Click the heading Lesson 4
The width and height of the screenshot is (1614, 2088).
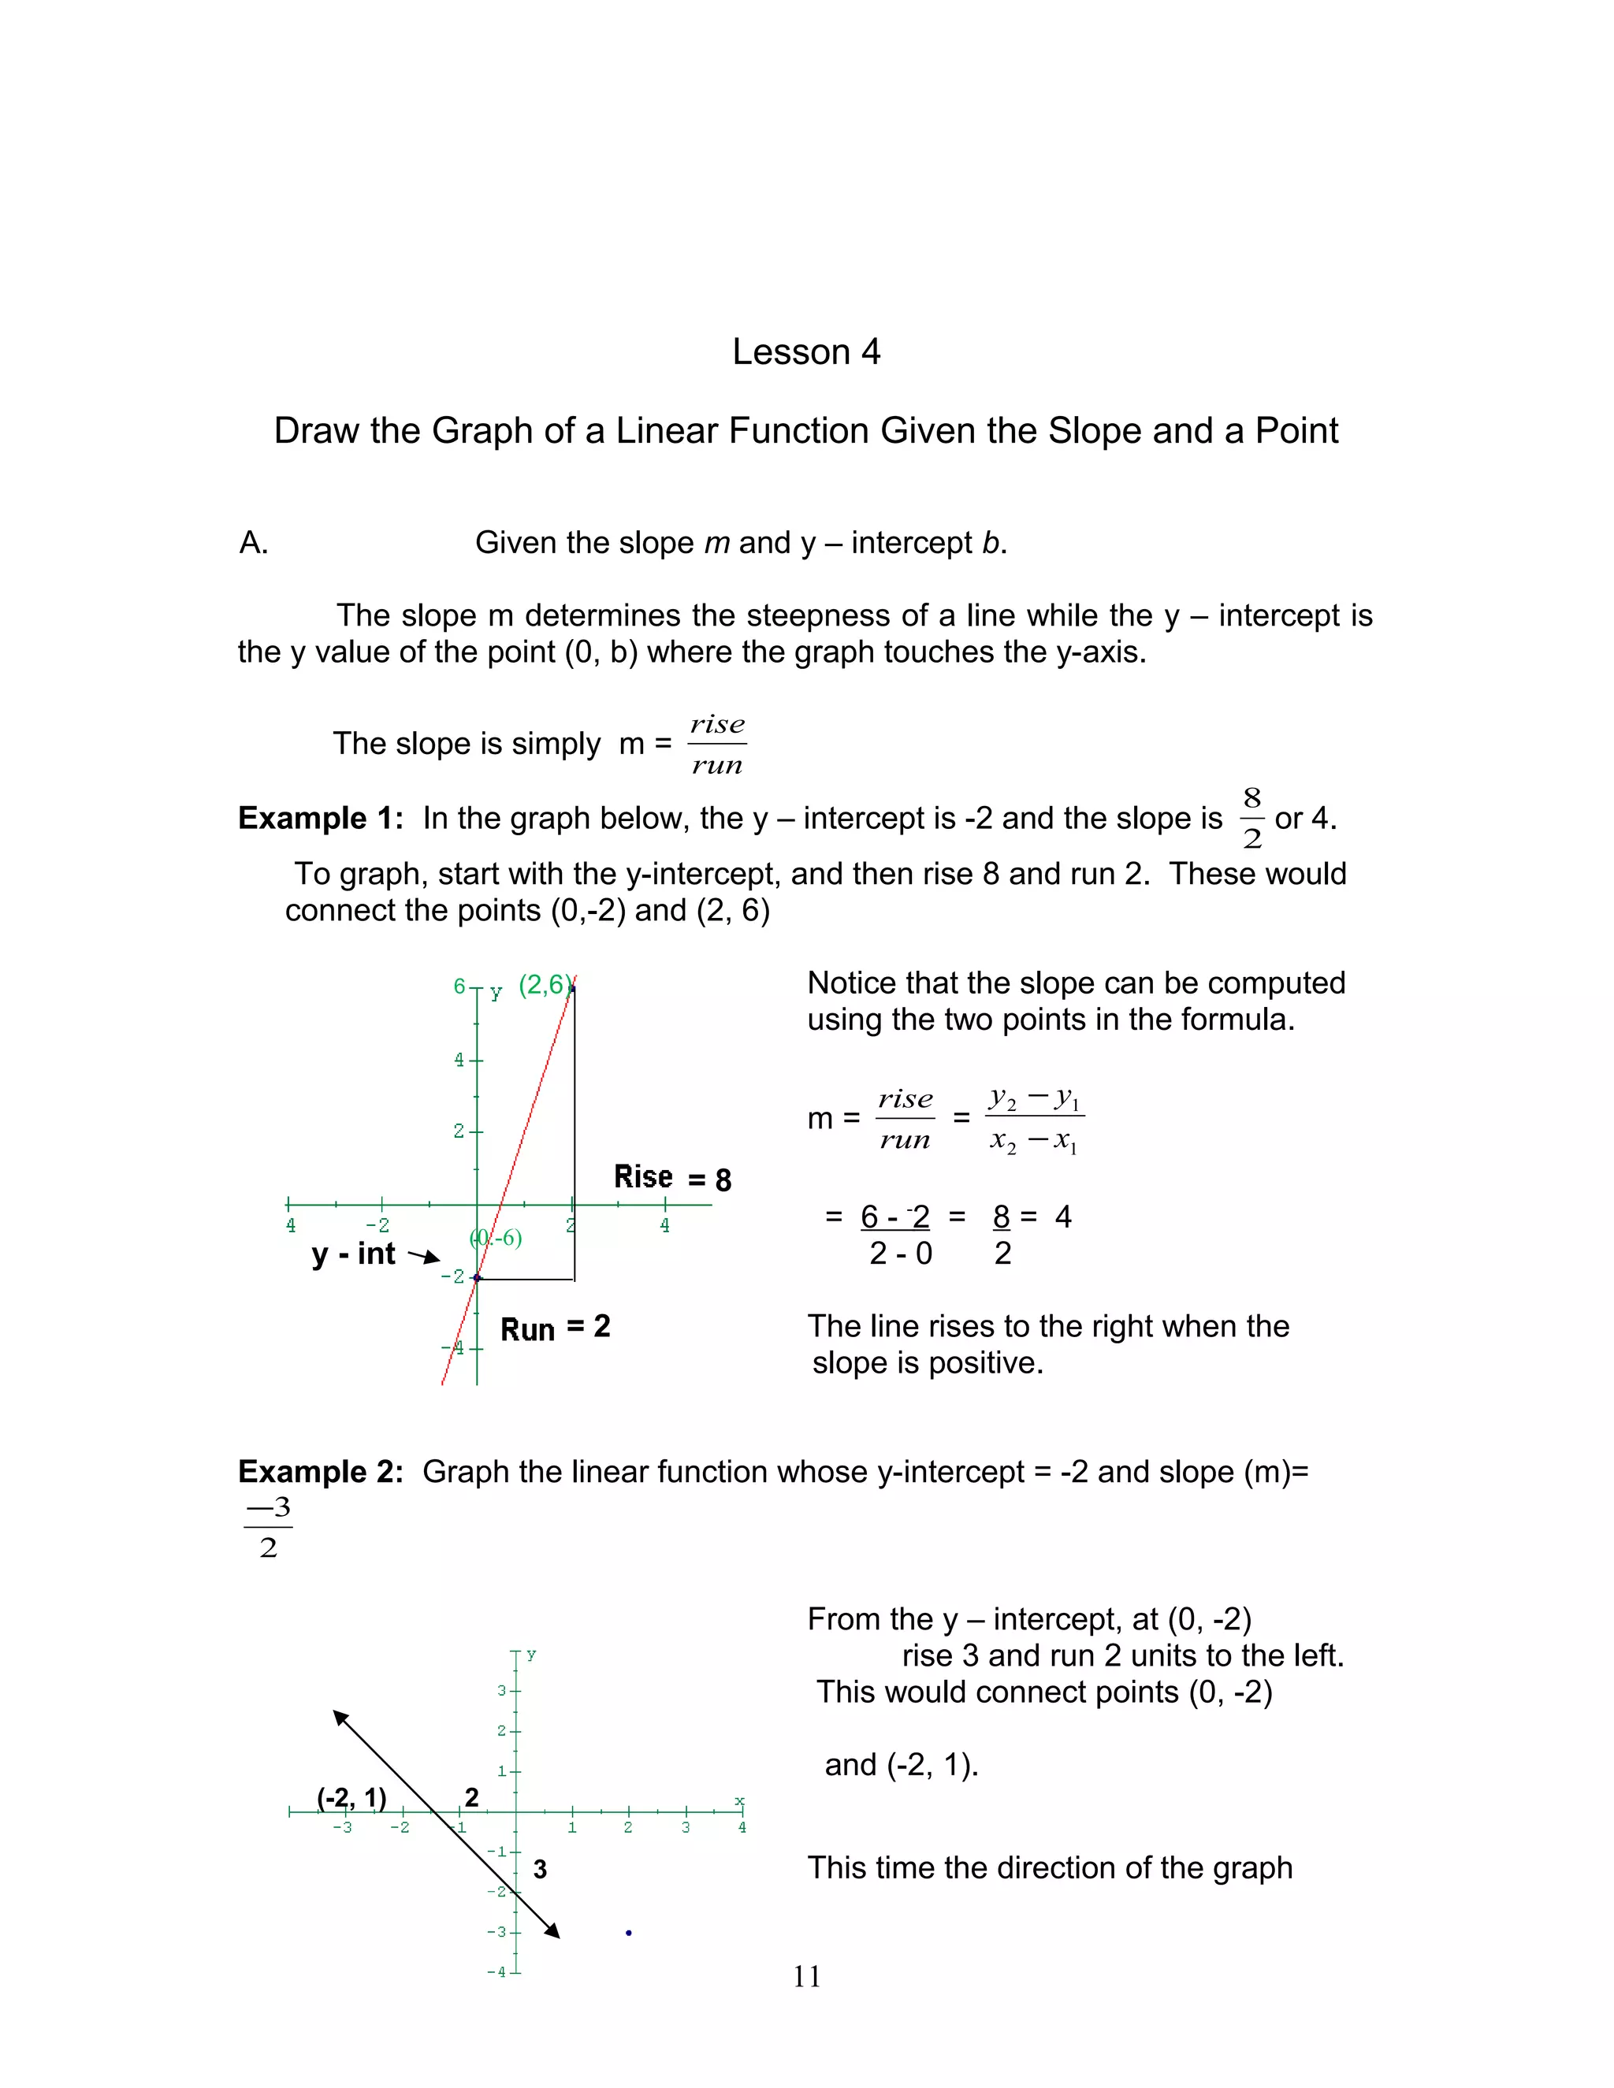pos(806,352)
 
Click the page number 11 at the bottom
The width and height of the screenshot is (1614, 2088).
pos(806,1976)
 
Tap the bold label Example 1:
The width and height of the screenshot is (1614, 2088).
pos(320,819)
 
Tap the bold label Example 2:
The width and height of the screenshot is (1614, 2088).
pos(320,1471)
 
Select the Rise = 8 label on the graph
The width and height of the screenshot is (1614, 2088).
pos(672,1178)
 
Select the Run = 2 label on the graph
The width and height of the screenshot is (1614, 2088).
pos(555,1328)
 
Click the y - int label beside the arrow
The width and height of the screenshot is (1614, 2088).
pos(354,1254)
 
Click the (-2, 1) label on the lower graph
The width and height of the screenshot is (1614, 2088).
pos(351,1798)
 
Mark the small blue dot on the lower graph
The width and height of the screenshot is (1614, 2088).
pos(628,1933)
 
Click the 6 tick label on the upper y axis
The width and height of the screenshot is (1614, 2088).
pos(459,986)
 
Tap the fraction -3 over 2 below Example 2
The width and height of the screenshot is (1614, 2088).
pos(268,1528)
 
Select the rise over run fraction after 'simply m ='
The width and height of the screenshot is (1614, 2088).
pos(717,745)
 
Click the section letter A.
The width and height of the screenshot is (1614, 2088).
pos(254,543)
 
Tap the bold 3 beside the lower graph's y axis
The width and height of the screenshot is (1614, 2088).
pos(540,1869)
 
